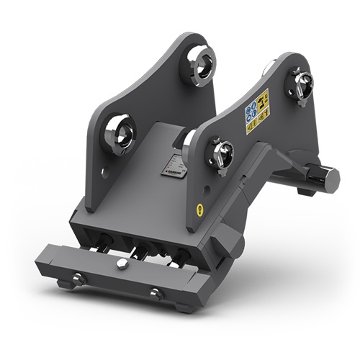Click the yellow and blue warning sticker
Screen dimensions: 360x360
tap(257, 111)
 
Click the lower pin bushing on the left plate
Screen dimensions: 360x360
tap(120, 134)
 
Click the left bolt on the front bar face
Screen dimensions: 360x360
tap(79, 278)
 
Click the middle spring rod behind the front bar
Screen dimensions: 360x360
tap(140, 252)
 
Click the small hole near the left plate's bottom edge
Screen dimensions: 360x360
tap(105, 173)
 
